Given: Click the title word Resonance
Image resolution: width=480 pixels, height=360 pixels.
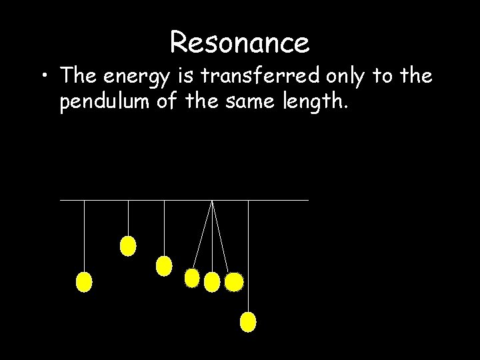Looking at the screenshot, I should click(239, 43).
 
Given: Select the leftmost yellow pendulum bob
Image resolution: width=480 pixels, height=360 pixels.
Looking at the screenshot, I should click(84, 282).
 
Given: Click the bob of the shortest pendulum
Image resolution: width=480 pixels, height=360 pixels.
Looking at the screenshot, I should click(127, 246).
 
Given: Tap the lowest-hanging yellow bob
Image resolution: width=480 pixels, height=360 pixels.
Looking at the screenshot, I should click(248, 323).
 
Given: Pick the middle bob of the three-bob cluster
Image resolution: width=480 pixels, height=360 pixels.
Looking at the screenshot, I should click(212, 282).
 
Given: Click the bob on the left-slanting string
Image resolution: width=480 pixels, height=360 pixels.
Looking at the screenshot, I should click(192, 278).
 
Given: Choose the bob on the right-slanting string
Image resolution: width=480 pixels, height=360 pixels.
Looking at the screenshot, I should click(234, 283).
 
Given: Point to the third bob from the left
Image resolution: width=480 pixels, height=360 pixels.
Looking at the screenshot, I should click(164, 267).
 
